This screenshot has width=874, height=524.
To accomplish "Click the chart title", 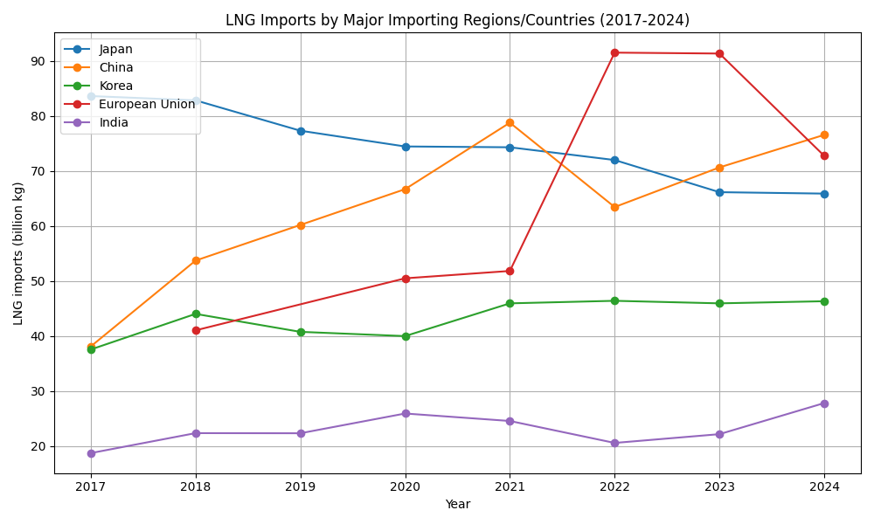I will click(x=457, y=20).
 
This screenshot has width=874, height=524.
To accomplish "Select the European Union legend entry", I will click(x=147, y=104).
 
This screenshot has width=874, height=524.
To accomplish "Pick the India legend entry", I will click(x=114, y=122).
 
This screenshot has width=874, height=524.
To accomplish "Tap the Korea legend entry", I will click(x=116, y=86).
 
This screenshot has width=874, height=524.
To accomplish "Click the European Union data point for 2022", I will click(x=614, y=52).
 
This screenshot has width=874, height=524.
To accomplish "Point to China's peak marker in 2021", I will click(x=510, y=122).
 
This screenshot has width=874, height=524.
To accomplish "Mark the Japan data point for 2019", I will click(x=301, y=131).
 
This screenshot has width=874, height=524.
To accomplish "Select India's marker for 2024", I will click(x=824, y=403).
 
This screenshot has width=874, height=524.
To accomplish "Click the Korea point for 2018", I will click(x=196, y=314).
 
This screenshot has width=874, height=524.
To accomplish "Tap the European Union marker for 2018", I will click(x=196, y=330).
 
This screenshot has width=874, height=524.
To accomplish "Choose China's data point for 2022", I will click(x=614, y=207).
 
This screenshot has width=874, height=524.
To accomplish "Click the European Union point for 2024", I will click(x=824, y=155).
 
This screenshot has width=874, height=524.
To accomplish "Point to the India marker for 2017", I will click(x=91, y=453).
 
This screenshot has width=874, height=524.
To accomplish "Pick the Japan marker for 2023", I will click(x=719, y=192).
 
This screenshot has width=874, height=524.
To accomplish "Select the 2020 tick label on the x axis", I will click(x=406, y=486).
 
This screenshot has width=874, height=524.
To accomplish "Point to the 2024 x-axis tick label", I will click(x=824, y=486).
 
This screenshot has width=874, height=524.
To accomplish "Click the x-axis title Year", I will click(x=457, y=504).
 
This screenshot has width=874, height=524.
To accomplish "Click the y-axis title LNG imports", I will click(x=18, y=253).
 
